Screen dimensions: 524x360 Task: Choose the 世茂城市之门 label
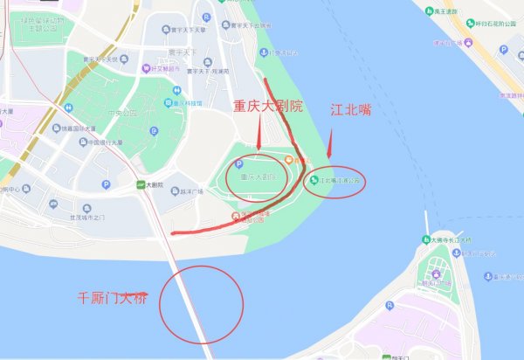[x=83, y=218]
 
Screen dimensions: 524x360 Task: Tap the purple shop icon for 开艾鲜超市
[x=146, y=68]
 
